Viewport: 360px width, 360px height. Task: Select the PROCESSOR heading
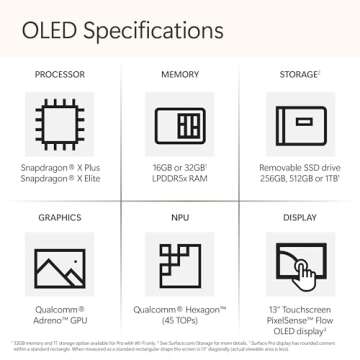[x=59, y=75]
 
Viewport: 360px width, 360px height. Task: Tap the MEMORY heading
[x=180, y=75]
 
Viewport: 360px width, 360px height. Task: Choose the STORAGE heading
[x=299, y=75]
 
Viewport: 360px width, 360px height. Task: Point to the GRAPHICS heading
[x=59, y=217]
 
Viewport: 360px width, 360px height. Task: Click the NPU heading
[x=180, y=217]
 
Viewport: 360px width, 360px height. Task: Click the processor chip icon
[x=59, y=124]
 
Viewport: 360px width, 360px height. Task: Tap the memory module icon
[x=180, y=124]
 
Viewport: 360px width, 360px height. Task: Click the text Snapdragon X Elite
[x=59, y=177]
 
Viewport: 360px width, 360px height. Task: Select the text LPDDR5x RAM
[x=180, y=177]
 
